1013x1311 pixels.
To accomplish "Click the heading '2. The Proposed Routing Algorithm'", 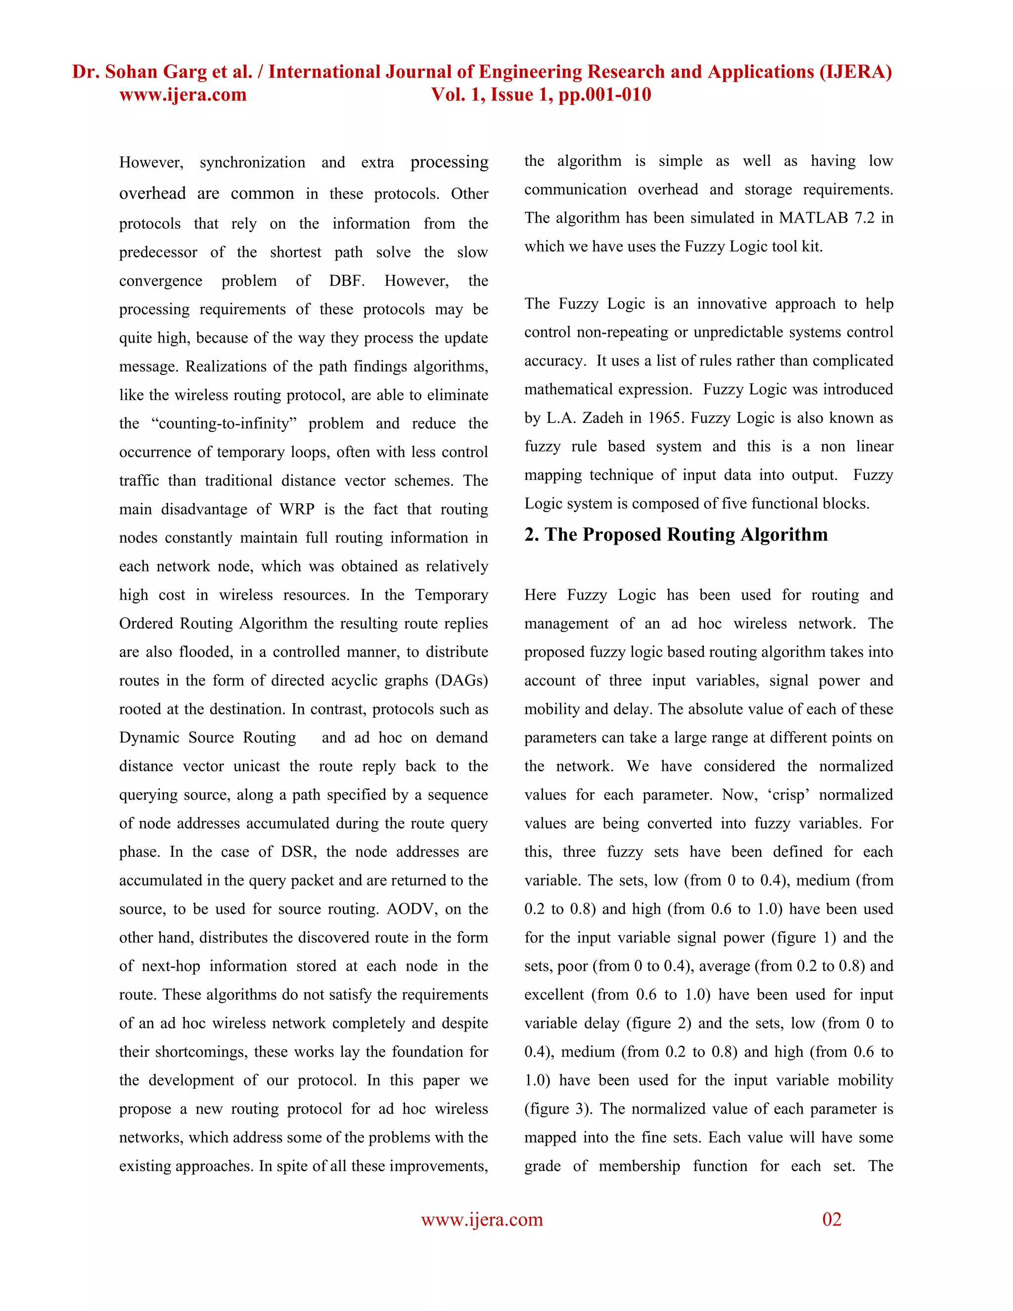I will [676, 534].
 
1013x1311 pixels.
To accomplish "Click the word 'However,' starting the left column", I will [151, 163].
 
